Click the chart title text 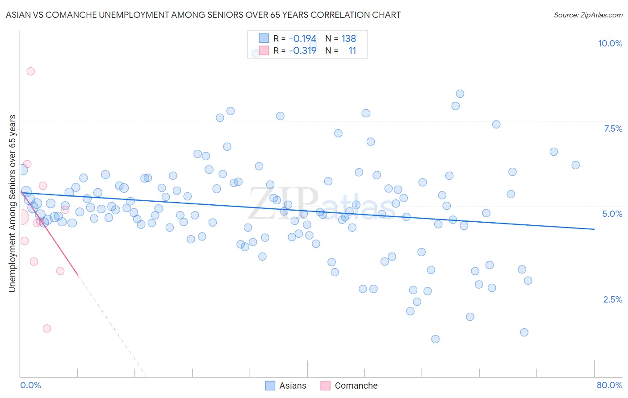click(x=203, y=15)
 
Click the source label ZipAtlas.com click(x=588, y=15)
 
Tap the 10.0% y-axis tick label click(x=610, y=43)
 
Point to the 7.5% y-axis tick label click(x=613, y=129)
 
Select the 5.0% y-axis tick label click(x=612, y=214)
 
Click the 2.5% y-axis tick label click(x=612, y=299)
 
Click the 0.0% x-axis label click(x=31, y=385)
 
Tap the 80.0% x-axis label click(x=609, y=385)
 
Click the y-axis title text click(x=12, y=203)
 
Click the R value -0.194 click(x=302, y=38)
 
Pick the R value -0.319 click(x=302, y=50)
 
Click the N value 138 click(x=348, y=38)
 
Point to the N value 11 click(x=352, y=50)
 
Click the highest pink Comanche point click(x=30, y=71)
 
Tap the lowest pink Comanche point click(x=47, y=328)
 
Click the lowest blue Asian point click(x=435, y=339)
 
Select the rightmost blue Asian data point click(x=575, y=165)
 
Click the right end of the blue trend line click(x=594, y=229)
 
